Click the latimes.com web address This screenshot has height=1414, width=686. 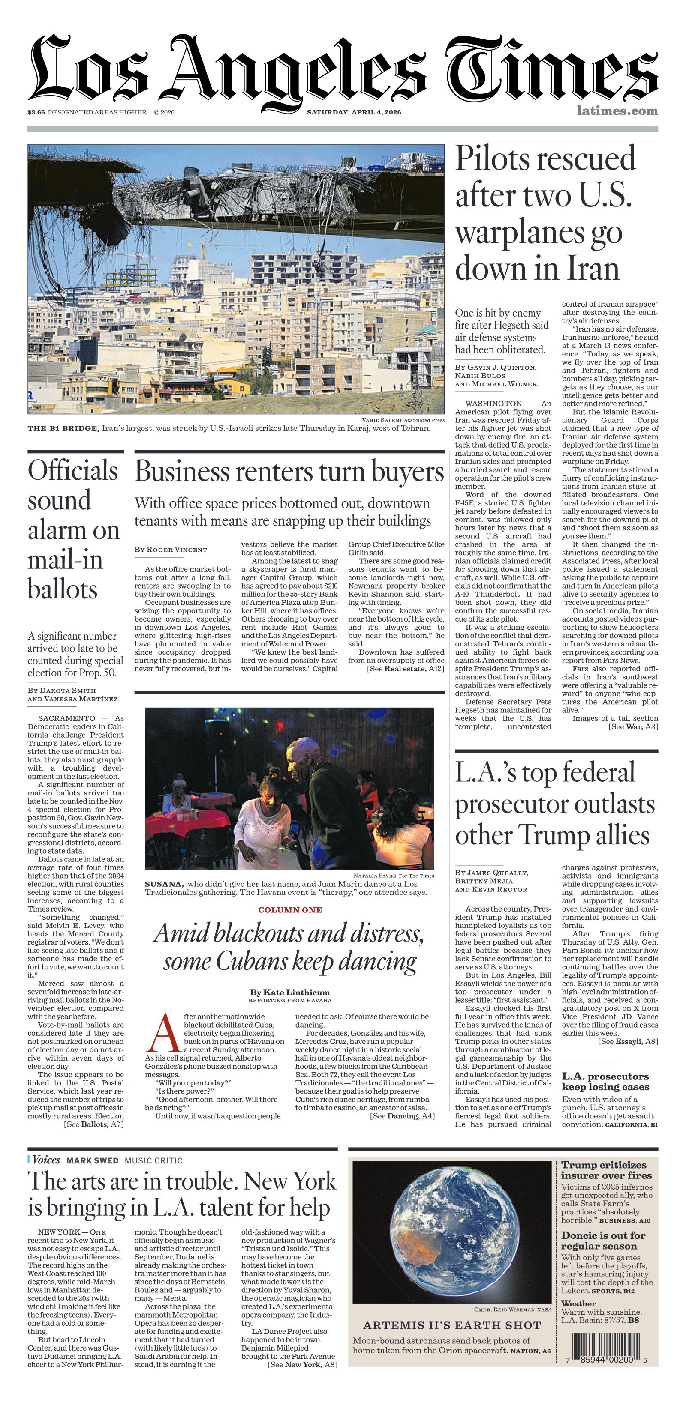(617, 111)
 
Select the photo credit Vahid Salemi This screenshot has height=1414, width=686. (382, 420)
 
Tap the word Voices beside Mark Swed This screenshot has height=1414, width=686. (46, 1160)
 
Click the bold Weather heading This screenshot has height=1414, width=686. (578, 1303)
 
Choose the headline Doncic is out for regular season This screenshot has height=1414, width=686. (603, 1241)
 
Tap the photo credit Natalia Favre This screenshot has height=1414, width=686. (375, 876)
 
